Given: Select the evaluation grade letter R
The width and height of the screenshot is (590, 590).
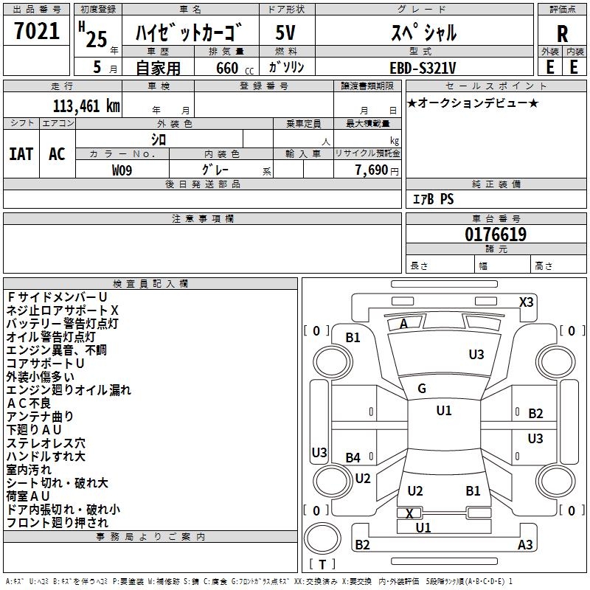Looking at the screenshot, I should point(562,34).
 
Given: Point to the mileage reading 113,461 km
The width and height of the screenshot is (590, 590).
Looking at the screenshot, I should point(86,105).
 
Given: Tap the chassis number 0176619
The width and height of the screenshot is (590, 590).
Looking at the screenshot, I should point(496,235).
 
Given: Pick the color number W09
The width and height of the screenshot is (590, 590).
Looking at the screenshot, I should point(122,170).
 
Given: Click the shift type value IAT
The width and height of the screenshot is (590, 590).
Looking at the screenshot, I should point(21,154).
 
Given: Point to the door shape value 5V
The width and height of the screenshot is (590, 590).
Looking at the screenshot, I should point(286,33).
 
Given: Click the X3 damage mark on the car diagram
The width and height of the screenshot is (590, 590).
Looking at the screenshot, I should point(526,302).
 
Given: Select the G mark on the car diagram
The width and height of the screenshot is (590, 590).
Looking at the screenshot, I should point(422,389).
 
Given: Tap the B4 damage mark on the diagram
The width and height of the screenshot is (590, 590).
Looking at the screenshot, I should point(353,458).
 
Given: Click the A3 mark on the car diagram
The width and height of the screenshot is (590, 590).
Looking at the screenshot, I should point(525,545).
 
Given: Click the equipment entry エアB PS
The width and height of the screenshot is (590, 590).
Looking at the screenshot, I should point(433,199).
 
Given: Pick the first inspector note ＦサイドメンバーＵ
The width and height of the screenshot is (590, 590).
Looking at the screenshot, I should point(58,296).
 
